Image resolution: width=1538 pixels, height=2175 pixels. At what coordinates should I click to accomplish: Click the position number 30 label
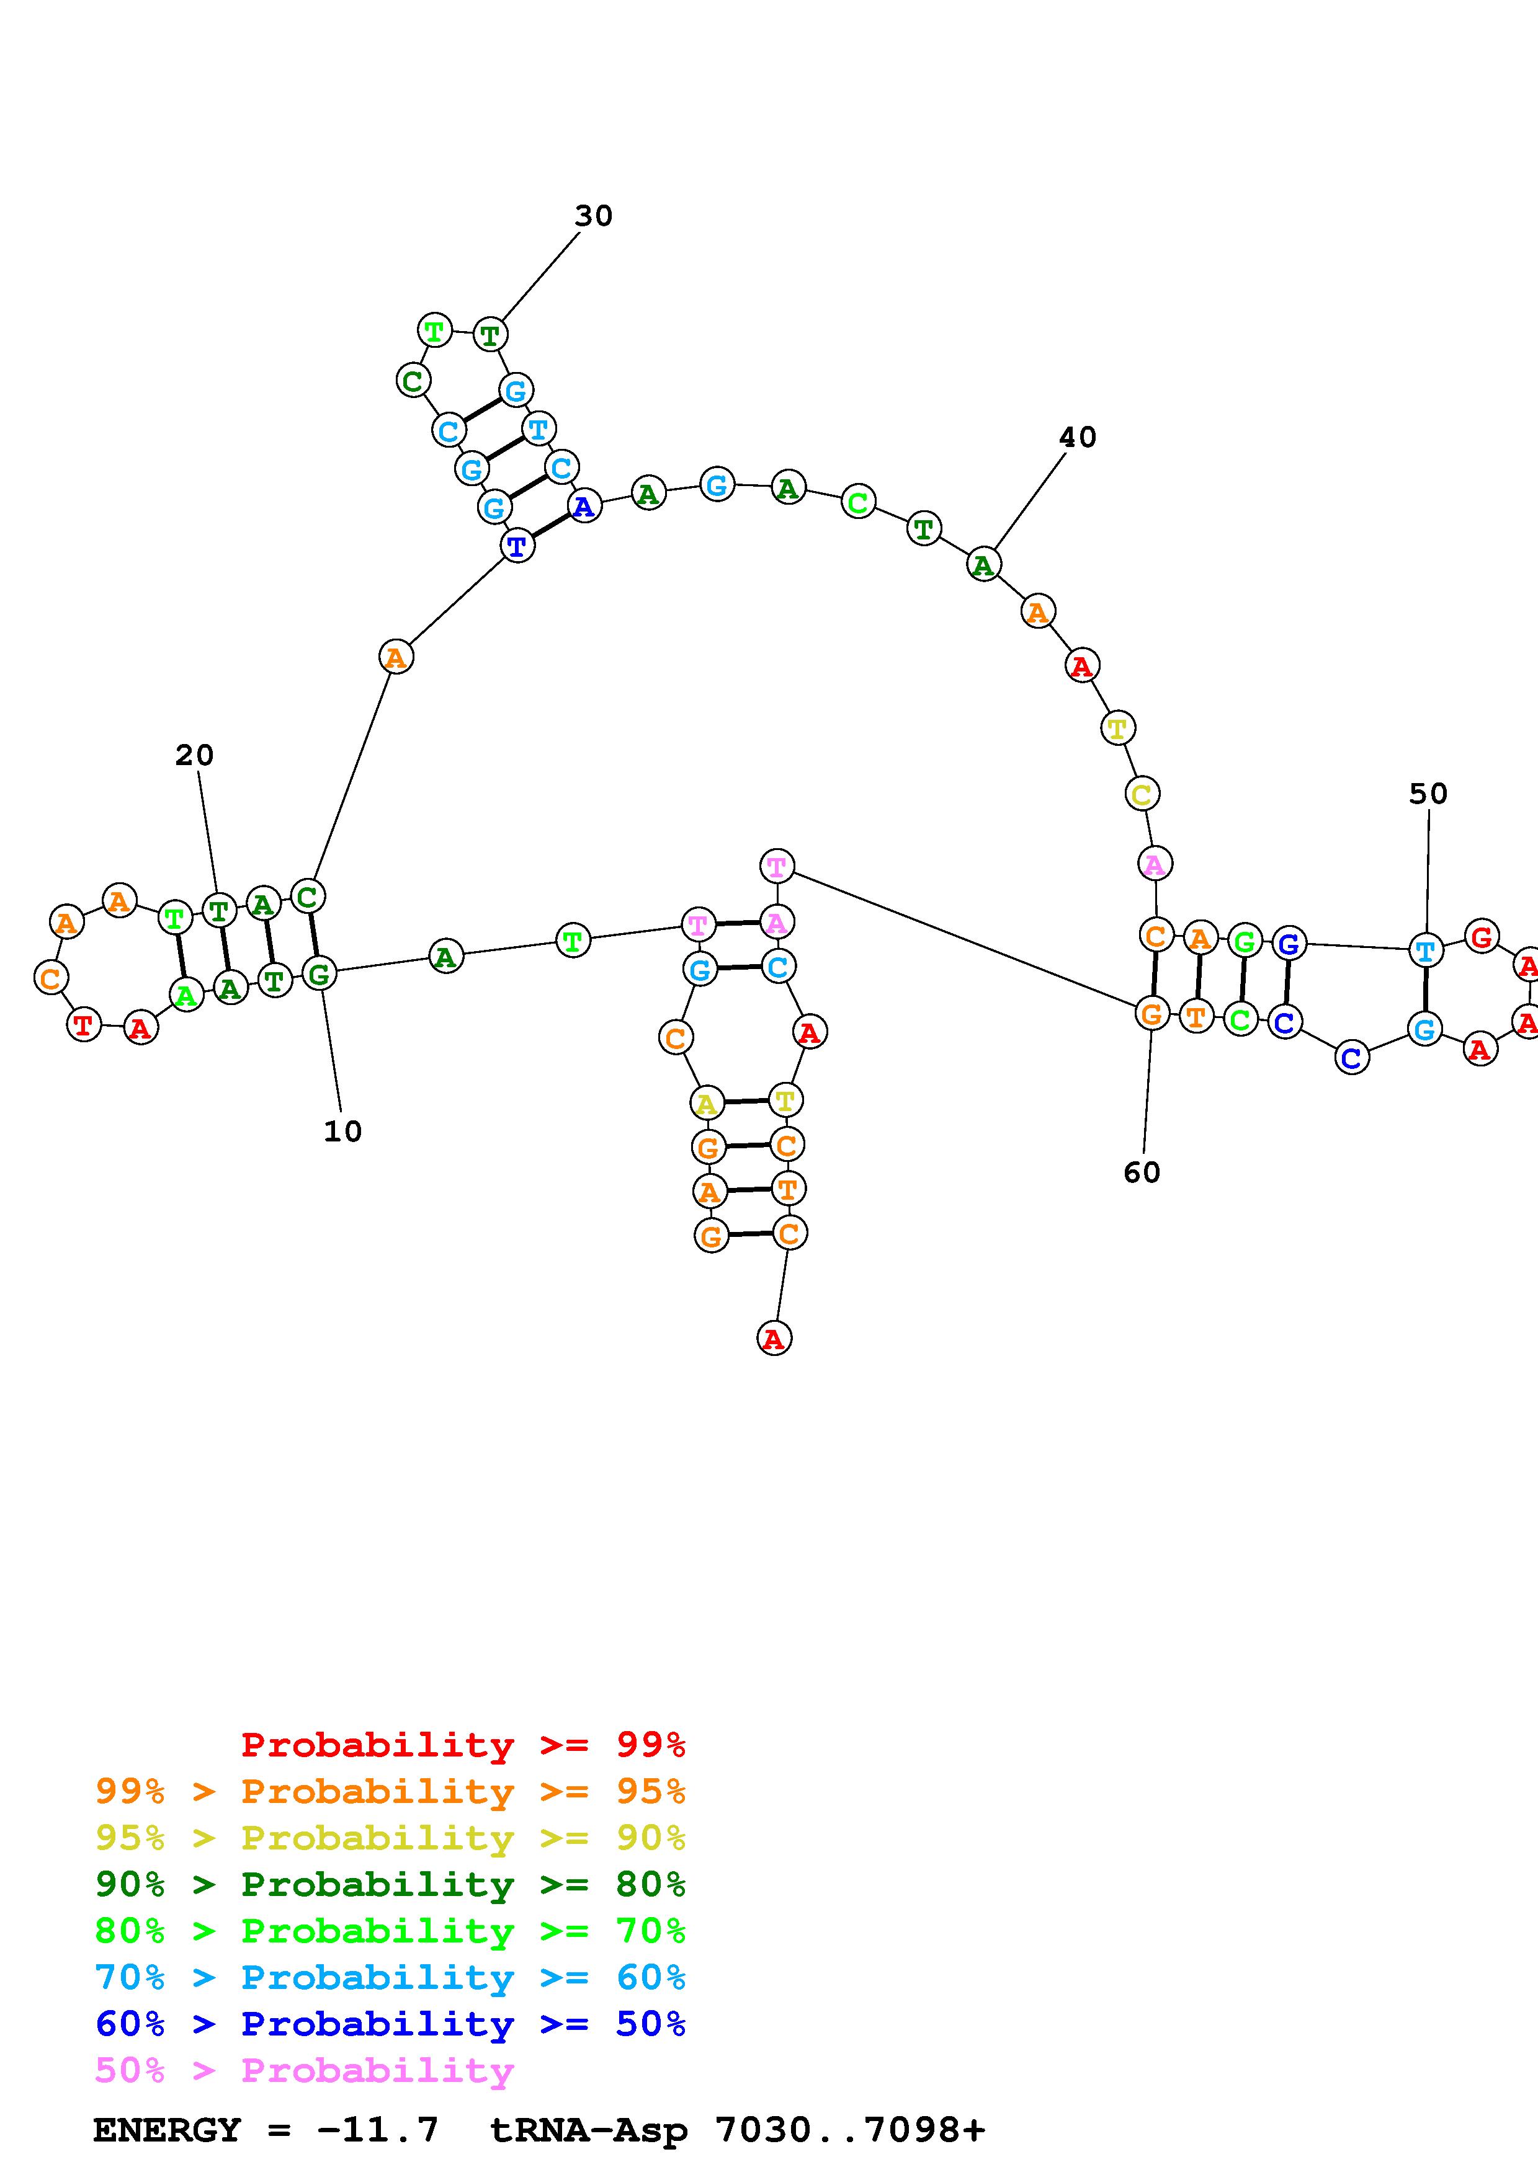click(593, 216)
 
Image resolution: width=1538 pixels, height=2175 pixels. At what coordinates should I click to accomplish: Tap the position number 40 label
click(1078, 438)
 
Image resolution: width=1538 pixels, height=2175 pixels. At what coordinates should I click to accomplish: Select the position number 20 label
click(194, 755)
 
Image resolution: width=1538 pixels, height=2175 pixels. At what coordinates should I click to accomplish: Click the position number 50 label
click(1428, 794)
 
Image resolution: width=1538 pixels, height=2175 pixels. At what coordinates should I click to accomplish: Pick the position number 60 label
click(1142, 1173)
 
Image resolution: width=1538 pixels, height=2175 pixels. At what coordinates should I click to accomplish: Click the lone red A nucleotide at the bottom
click(774, 1339)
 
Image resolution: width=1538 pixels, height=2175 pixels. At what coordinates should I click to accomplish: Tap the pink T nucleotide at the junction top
click(777, 866)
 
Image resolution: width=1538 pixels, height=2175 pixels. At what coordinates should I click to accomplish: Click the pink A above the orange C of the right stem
click(1154, 864)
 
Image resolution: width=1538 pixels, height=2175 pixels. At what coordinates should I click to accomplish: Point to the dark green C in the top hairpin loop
click(412, 381)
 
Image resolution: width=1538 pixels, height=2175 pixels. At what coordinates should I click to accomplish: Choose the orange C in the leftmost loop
click(51, 977)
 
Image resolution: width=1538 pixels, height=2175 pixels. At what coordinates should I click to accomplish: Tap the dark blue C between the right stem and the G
click(1351, 1057)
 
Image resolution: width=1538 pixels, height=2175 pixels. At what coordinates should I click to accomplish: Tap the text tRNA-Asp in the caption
click(589, 2130)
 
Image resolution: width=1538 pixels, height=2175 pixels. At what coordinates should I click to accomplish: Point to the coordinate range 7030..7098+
click(850, 2130)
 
